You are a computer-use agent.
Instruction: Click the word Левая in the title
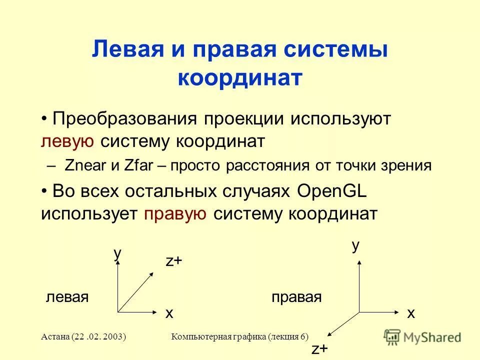coord(123,51)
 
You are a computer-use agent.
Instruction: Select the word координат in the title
coord(240,78)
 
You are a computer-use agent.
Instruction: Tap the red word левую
coord(67,141)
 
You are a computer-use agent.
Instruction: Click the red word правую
coord(175,213)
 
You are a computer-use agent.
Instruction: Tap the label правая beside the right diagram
coord(296,297)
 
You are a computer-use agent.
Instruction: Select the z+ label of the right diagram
coord(320,348)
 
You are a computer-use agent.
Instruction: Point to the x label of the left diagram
coord(169,313)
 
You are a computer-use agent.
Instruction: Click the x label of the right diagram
coord(411,313)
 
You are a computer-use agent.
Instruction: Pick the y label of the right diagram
coord(355,245)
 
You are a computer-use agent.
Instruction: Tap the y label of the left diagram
coord(117,253)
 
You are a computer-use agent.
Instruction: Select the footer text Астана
coord(56,336)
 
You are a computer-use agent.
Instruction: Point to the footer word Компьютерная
coord(200,336)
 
